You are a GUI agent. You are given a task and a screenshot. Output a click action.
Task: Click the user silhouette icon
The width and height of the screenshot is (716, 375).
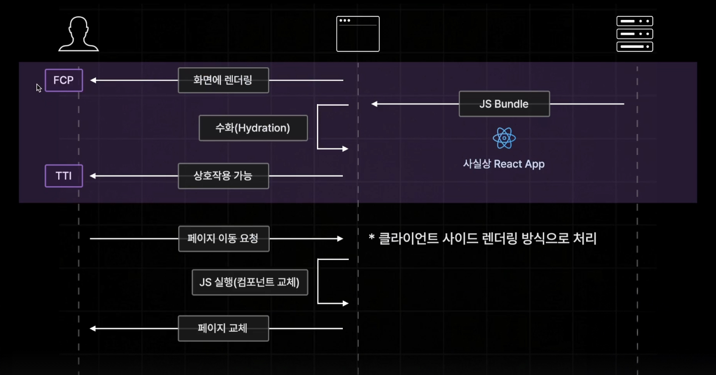click(79, 34)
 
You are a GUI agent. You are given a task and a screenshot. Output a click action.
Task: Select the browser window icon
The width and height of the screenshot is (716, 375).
click(358, 34)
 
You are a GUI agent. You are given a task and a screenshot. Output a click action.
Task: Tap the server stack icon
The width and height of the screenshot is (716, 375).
click(634, 34)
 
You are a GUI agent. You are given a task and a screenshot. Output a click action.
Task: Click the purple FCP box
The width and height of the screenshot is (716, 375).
click(64, 80)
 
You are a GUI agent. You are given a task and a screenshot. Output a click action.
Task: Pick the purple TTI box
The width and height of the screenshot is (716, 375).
click(64, 176)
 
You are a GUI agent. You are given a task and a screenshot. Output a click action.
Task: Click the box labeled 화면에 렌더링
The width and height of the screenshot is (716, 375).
click(223, 80)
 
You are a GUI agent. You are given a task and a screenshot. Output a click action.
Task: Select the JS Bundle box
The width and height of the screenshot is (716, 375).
click(504, 104)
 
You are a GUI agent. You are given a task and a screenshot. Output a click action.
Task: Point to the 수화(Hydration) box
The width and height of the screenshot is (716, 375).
click(253, 128)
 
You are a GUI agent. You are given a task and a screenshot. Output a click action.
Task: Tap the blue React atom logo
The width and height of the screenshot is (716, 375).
click(504, 138)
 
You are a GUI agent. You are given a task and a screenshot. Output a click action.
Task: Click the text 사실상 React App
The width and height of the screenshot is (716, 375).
click(504, 164)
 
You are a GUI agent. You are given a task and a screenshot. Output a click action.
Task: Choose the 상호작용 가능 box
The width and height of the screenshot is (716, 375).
click(223, 176)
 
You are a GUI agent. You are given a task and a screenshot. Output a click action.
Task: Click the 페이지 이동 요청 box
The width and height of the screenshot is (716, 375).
click(223, 239)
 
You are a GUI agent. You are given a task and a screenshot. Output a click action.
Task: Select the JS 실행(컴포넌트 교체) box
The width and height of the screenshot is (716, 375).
click(250, 282)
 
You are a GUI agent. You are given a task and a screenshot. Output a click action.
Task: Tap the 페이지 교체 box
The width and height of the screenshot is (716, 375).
click(223, 328)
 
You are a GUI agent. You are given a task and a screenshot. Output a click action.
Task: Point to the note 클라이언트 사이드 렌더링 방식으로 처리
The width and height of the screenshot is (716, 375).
click(483, 239)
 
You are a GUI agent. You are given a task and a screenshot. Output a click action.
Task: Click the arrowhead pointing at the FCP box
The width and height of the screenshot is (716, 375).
click(93, 80)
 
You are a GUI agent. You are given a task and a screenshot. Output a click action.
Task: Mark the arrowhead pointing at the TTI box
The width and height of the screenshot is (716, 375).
click(93, 176)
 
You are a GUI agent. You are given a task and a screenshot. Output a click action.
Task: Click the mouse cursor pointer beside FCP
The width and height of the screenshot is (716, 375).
click(39, 88)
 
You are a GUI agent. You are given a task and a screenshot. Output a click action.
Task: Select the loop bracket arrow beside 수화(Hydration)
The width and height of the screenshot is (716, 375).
click(328, 127)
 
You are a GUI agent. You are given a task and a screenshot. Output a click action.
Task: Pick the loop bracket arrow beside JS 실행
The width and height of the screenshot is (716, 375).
click(328, 281)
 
